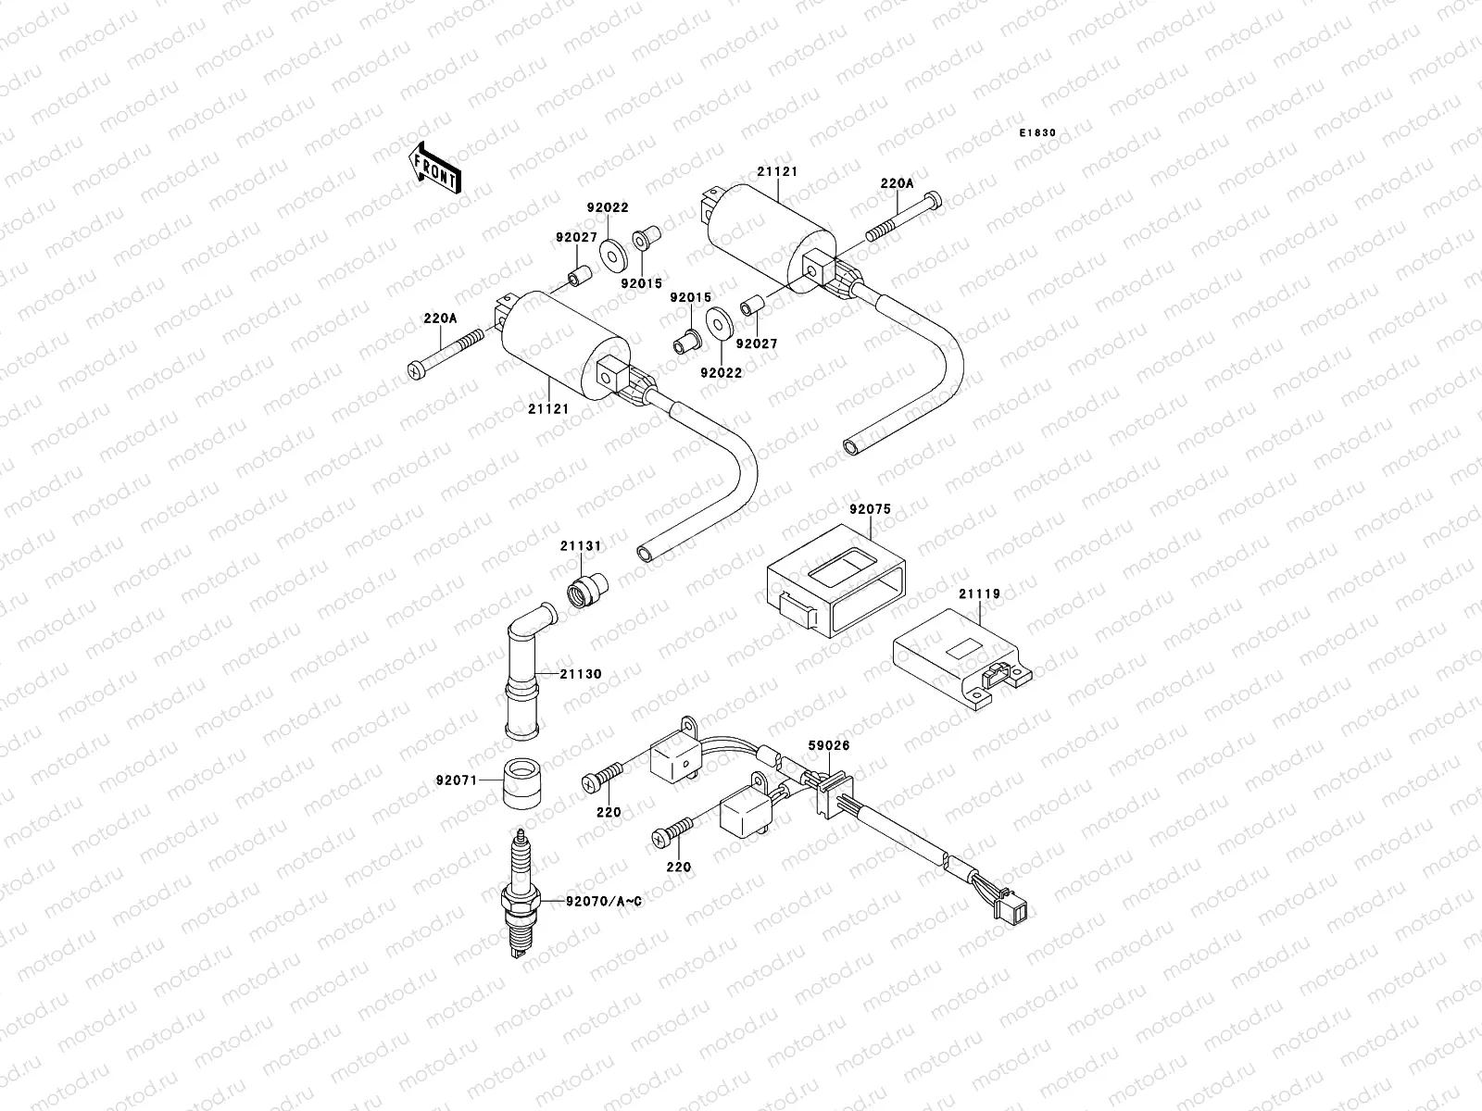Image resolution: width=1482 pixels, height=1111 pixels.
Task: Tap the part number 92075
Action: click(x=869, y=509)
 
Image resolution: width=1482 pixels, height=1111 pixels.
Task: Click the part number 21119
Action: click(x=979, y=594)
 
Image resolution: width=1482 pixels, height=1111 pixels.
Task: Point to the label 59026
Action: click(x=829, y=745)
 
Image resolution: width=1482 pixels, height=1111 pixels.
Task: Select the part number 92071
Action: click(x=456, y=780)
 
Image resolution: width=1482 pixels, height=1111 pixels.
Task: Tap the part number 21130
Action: click(x=580, y=674)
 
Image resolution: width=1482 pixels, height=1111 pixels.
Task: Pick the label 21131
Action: click(x=581, y=546)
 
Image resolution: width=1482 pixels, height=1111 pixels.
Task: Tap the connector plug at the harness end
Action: click(x=1019, y=912)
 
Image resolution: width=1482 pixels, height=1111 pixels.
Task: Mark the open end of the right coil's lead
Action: click(x=850, y=447)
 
